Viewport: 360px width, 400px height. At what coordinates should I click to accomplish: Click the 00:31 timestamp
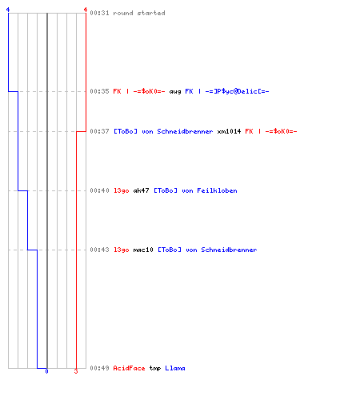click(99, 13)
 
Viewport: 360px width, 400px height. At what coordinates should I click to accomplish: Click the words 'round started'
click(139, 13)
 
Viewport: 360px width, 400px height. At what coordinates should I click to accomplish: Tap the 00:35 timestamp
click(99, 91)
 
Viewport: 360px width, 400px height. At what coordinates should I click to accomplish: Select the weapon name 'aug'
click(175, 92)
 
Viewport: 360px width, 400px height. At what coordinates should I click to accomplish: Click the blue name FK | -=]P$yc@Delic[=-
click(227, 91)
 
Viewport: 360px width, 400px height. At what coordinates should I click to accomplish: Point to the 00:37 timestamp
click(99, 131)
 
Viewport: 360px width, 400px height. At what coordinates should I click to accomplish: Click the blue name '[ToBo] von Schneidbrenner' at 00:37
click(163, 131)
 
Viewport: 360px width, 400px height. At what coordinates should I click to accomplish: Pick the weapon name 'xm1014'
click(229, 131)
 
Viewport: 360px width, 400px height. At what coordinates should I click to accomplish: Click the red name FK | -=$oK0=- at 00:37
click(271, 131)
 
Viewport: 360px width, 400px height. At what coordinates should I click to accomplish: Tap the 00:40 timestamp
click(99, 190)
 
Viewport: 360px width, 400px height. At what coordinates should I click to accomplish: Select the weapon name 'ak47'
click(141, 190)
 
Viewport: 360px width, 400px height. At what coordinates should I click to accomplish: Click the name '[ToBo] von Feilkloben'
click(195, 190)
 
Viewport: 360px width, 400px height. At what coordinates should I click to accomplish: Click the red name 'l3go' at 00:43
click(122, 250)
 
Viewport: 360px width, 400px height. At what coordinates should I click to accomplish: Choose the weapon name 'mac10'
click(143, 250)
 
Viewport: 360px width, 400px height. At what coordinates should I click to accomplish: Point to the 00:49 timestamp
click(99, 368)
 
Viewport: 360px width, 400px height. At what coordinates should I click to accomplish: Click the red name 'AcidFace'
click(129, 368)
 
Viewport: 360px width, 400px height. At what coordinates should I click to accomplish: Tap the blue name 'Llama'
click(175, 368)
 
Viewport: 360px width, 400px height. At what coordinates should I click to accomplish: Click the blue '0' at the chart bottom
click(46, 371)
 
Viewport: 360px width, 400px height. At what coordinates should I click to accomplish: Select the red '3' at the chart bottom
click(76, 371)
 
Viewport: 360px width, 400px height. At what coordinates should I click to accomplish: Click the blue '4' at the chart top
click(8, 10)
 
